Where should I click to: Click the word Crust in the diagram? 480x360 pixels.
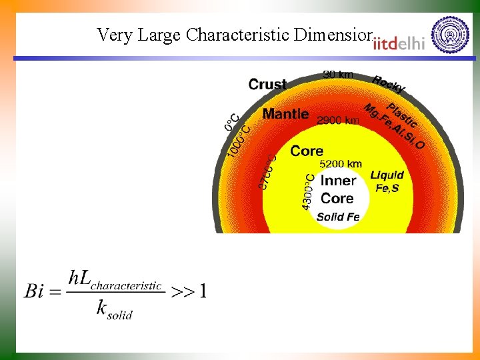pyautogui.click(x=267, y=85)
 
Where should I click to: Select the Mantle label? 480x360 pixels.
pyautogui.click(x=285, y=114)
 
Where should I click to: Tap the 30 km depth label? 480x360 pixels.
pyautogui.click(x=338, y=75)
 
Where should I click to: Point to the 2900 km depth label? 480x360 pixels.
pyautogui.click(x=338, y=121)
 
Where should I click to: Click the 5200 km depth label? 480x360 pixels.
pyautogui.click(x=341, y=163)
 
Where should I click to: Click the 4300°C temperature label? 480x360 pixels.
pyautogui.click(x=307, y=192)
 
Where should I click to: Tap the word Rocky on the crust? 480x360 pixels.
pyautogui.click(x=388, y=85)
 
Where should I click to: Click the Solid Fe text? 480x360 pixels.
pyautogui.click(x=338, y=217)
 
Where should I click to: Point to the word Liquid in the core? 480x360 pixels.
pyautogui.click(x=387, y=175)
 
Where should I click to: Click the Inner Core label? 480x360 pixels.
pyautogui.click(x=338, y=189)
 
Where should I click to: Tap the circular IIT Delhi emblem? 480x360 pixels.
pyautogui.click(x=450, y=35)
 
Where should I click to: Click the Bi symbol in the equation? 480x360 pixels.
pyautogui.click(x=35, y=291)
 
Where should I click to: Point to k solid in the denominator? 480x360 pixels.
pyautogui.click(x=114, y=309)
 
